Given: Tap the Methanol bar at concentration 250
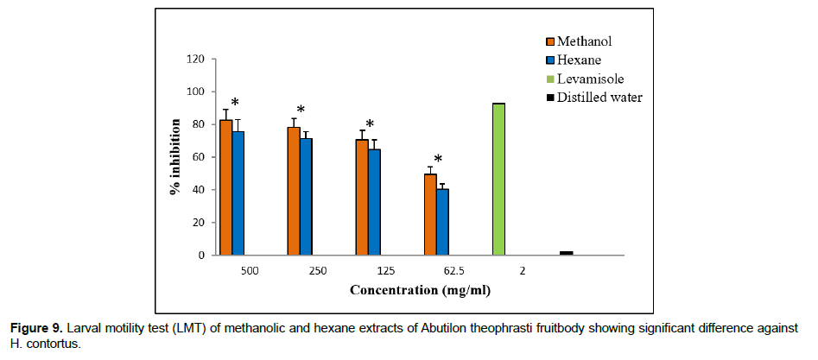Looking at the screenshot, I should pyautogui.click(x=294, y=191).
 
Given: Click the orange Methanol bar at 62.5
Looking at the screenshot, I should pyautogui.click(x=430, y=215).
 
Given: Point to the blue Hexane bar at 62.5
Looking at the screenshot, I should pyautogui.click(x=442, y=222).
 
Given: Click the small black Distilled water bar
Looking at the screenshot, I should pyautogui.click(x=567, y=253).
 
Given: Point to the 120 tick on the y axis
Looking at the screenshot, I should pyautogui.click(x=197, y=60).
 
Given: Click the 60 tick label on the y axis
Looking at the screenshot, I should pyautogui.click(x=200, y=157).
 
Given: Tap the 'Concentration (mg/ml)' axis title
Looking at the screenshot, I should pyautogui.click(x=420, y=290).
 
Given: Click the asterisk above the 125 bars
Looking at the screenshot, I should pyautogui.click(x=370, y=124).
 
